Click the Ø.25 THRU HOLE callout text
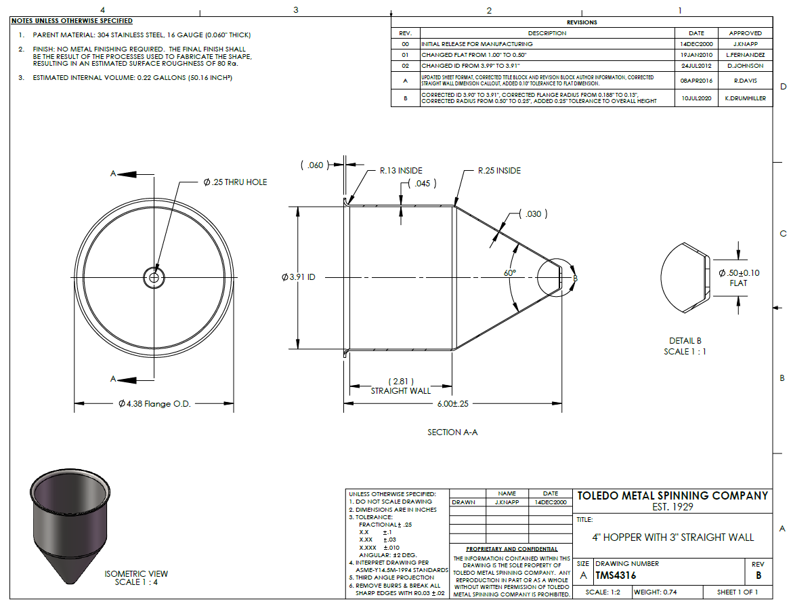[235, 182]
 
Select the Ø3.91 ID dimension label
[298, 277]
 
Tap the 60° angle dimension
[510, 272]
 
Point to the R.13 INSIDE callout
[401, 171]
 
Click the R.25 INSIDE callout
[499, 171]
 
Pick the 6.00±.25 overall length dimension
[452, 404]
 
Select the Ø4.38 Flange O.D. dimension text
[154, 404]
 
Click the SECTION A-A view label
[452, 432]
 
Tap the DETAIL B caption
[685, 341]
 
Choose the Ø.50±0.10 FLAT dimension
[739, 278]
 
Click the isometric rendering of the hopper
[70, 525]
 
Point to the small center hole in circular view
[154, 277]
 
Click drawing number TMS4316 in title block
[616, 575]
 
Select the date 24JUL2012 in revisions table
[696, 66]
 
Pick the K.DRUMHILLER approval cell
[746, 98]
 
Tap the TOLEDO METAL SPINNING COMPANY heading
[672, 496]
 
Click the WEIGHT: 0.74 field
[656, 592]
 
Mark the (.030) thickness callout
[533, 214]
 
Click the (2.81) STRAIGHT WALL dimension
[401, 386]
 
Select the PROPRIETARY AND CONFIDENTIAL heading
[512, 549]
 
